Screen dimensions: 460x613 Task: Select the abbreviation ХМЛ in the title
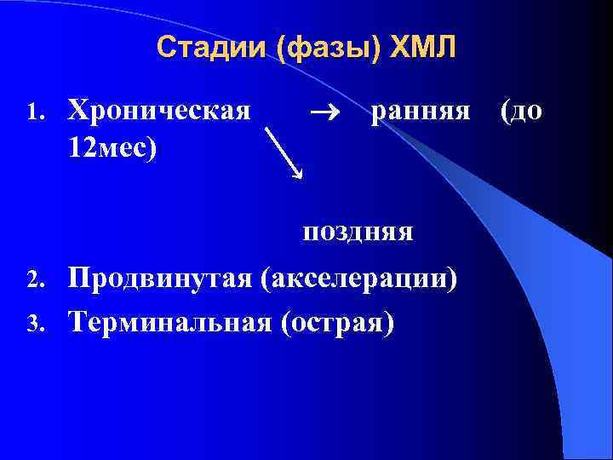[423, 48]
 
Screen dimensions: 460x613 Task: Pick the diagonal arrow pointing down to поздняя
[284, 152]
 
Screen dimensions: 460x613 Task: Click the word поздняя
[357, 231]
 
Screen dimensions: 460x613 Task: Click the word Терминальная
[170, 321]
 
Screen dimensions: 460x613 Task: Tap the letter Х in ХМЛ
[398, 48]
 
